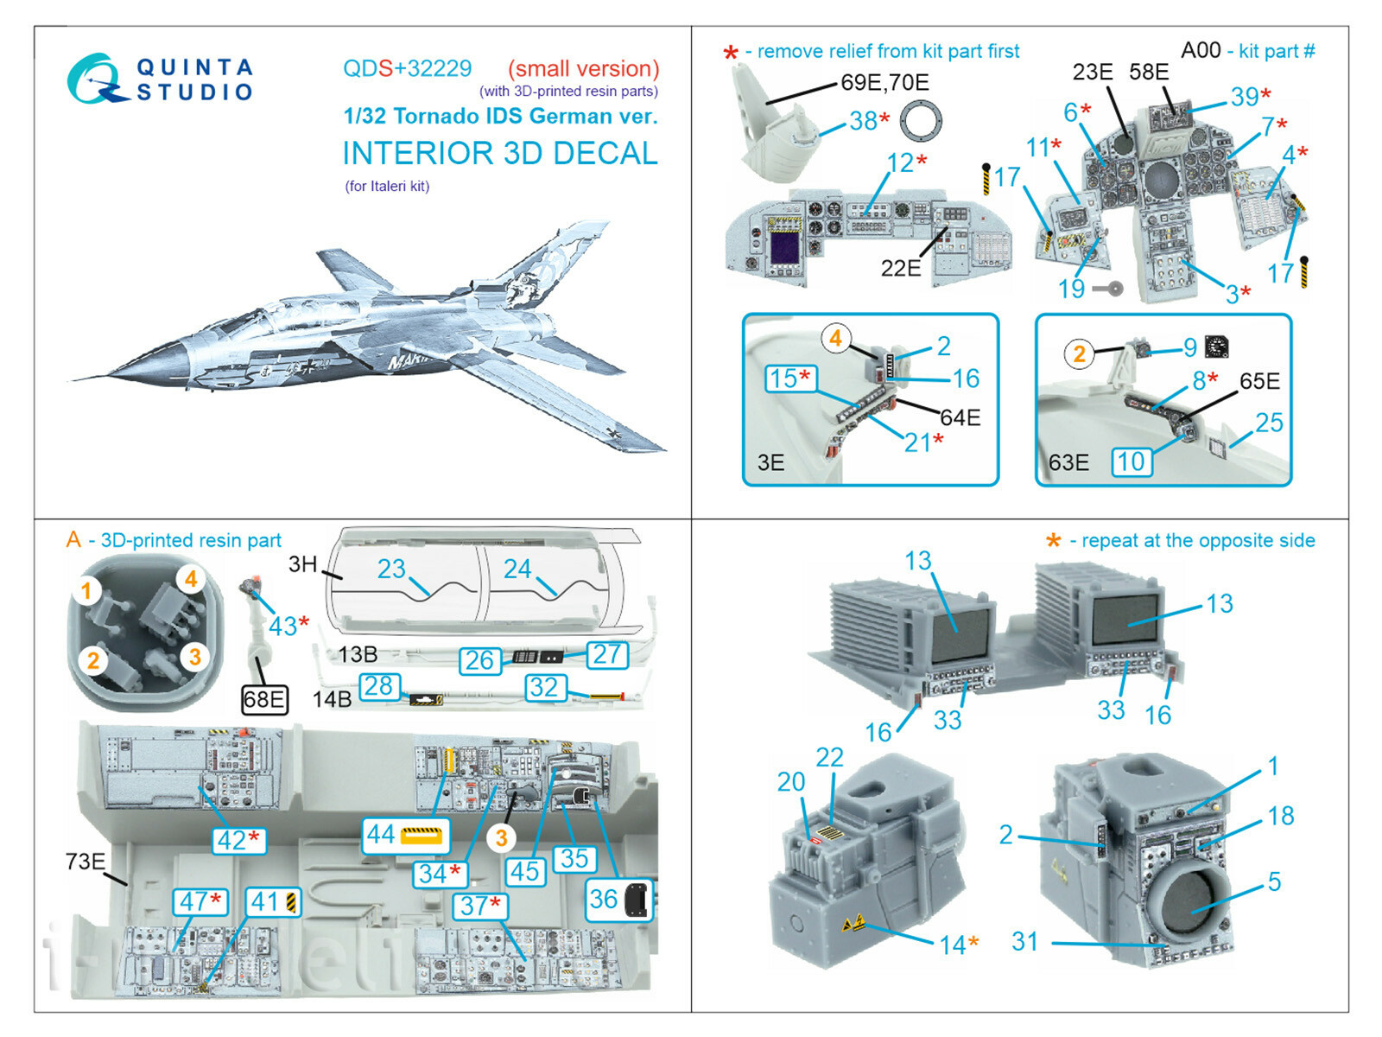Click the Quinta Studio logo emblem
[93, 80]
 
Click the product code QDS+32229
[407, 68]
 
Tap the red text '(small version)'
[583, 68]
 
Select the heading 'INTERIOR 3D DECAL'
[500, 153]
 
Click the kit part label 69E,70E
[884, 82]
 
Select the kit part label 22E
[900, 268]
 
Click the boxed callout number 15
[789, 378]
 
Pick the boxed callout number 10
[1132, 462]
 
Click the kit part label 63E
[1068, 463]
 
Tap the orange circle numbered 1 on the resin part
[86, 591]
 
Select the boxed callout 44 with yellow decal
[405, 835]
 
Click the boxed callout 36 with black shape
[619, 900]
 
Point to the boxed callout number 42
[238, 839]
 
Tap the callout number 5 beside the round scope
[1274, 881]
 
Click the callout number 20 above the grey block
[790, 782]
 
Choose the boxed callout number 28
[379, 686]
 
